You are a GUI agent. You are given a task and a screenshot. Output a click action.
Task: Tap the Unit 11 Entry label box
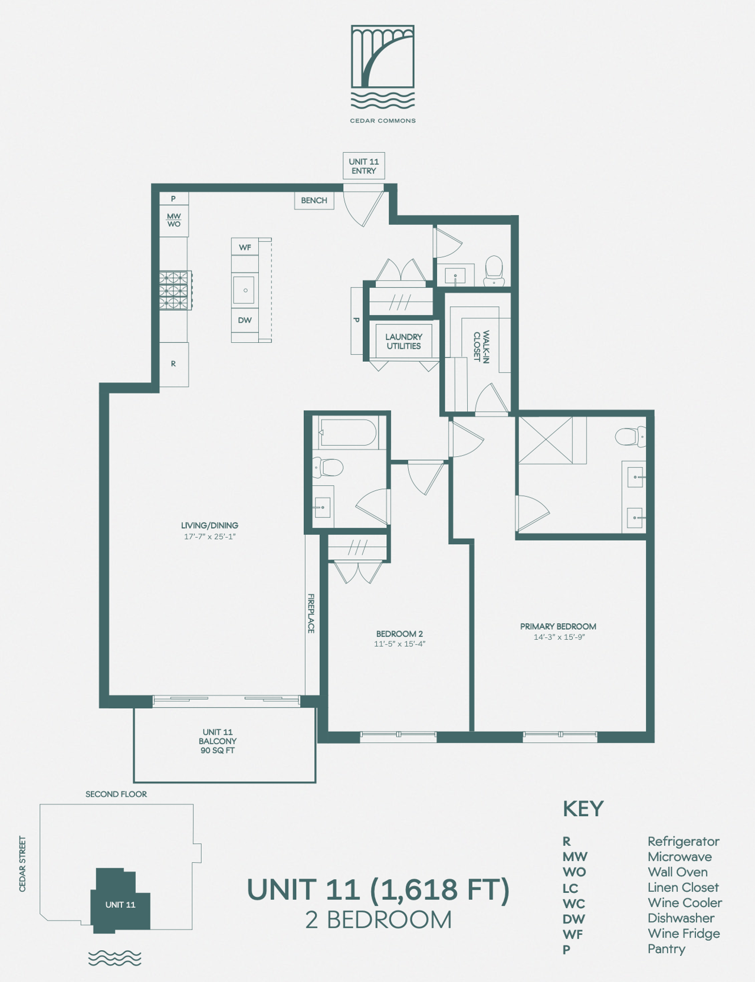[364, 166]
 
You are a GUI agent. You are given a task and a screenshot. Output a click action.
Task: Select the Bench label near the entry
[314, 201]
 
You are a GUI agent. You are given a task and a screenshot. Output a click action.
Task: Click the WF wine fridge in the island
[245, 247]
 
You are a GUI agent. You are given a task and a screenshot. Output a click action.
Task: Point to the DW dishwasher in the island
[245, 320]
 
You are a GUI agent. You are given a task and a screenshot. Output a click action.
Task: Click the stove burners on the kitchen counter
[175, 290]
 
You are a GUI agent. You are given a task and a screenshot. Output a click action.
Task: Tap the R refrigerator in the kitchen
[173, 364]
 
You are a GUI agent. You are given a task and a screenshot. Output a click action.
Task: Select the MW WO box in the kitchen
[173, 220]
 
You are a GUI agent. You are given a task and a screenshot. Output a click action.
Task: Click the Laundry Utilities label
[403, 342]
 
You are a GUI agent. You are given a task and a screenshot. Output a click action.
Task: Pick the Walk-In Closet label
[481, 346]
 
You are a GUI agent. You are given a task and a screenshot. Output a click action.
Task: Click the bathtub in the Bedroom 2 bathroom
[348, 433]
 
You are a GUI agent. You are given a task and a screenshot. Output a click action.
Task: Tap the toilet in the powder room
[494, 271]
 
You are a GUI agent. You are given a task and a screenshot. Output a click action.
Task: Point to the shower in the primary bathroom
[546, 440]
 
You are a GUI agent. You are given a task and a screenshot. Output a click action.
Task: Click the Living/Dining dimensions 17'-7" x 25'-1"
[209, 537]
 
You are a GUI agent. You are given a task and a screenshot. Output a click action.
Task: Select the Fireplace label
[311, 614]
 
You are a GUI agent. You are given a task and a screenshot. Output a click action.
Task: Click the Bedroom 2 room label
[399, 634]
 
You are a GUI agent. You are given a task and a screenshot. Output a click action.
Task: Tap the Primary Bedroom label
[558, 627]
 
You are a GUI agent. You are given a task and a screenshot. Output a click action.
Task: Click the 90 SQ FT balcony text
[218, 751]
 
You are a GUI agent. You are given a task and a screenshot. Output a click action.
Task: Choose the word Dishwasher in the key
[681, 918]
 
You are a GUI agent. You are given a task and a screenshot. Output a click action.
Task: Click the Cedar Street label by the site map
[22, 863]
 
